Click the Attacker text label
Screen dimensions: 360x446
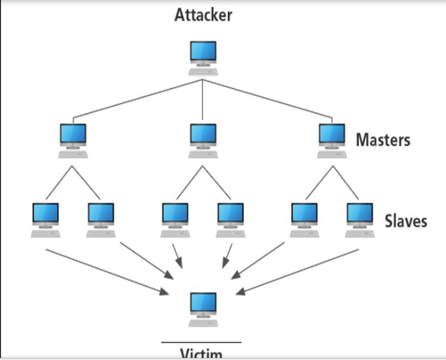point(203,15)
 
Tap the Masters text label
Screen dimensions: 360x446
point(383,141)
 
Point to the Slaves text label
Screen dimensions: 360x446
point(405,220)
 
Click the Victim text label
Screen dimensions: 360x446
point(202,353)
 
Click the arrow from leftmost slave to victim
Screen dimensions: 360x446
point(105,272)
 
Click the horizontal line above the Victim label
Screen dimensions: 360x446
point(201,342)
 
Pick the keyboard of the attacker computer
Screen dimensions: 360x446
point(203,71)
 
